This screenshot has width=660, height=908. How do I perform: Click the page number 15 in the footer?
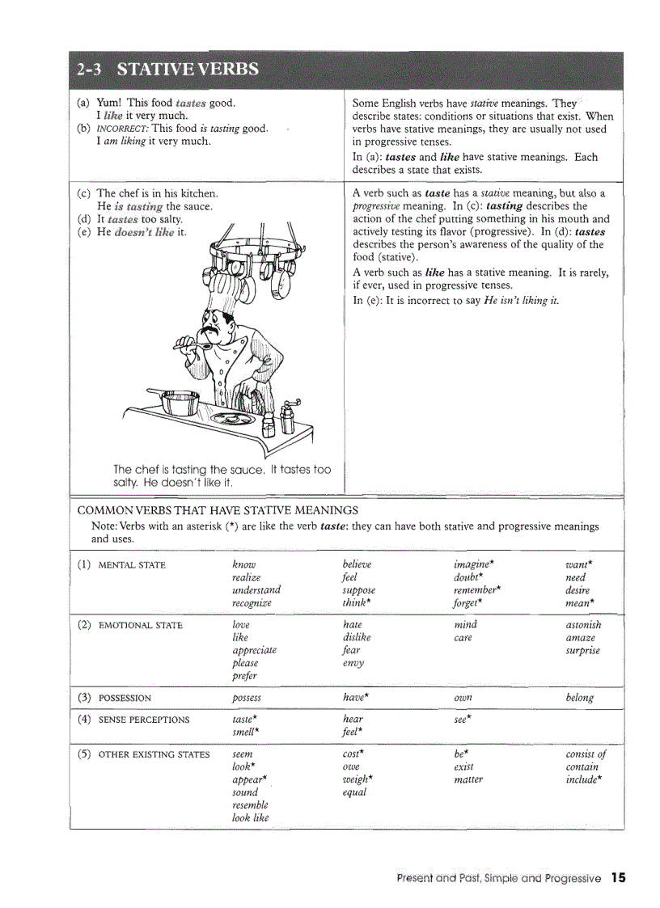click(619, 877)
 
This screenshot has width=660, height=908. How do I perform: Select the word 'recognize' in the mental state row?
click(252, 603)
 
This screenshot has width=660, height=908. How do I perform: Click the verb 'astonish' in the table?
click(583, 625)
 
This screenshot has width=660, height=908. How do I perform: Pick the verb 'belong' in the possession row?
click(579, 698)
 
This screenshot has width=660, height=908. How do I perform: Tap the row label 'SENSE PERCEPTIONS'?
click(143, 720)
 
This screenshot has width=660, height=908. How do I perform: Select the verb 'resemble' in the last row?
click(250, 805)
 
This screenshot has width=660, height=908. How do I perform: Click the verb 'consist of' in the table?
click(586, 754)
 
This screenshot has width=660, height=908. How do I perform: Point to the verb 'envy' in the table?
click(353, 663)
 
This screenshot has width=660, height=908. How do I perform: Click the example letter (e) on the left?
click(84, 232)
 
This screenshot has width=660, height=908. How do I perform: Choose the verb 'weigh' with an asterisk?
click(357, 779)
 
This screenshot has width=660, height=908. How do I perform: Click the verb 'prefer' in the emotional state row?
click(244, 676)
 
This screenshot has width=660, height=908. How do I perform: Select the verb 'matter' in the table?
click(468, 779)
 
